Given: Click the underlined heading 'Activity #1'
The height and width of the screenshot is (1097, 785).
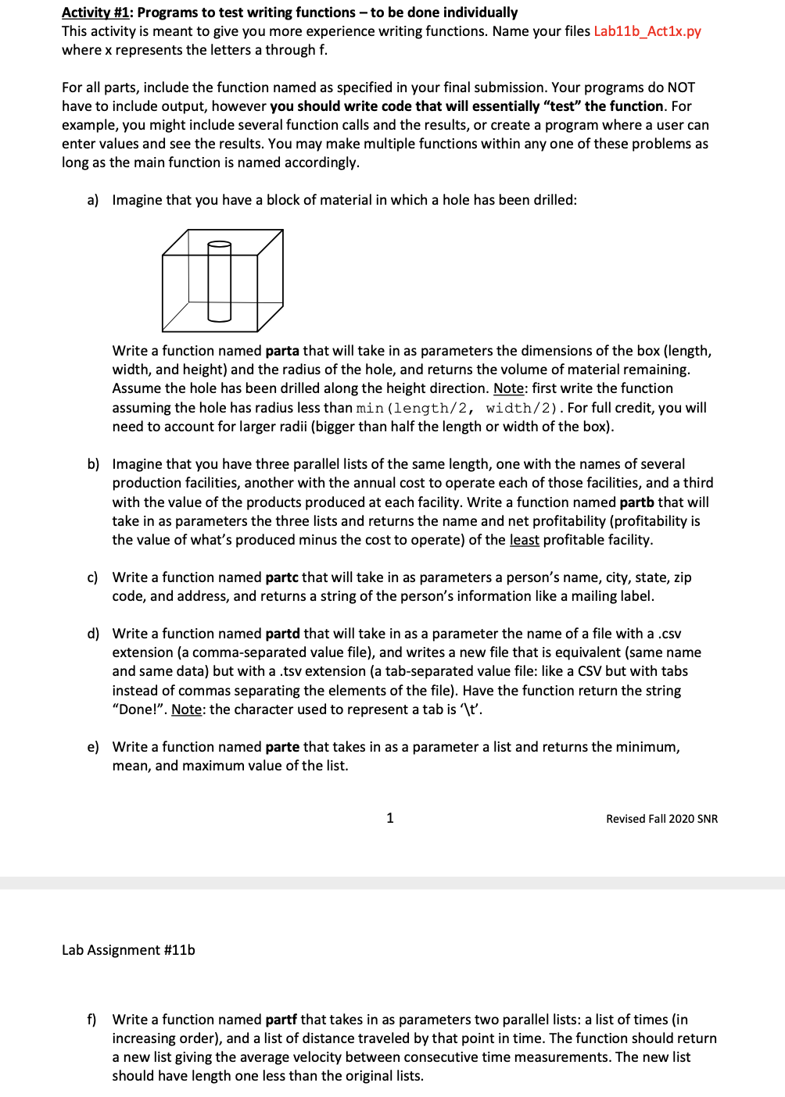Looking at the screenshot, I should click(x=95, y=13).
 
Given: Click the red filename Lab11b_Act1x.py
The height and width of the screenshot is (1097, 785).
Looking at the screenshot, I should click(x=647, y=31).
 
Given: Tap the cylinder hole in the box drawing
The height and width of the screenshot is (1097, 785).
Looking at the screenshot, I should click(x=220, y=281).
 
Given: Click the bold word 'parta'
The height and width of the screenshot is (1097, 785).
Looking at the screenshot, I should click(x=282, y=351).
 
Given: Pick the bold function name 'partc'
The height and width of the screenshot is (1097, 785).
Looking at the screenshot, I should click(x=281, y=577).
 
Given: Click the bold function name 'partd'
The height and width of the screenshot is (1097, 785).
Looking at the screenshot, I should click(x=282, y=634).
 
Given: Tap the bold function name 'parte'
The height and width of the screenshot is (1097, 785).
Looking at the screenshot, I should click(x=282, y=747).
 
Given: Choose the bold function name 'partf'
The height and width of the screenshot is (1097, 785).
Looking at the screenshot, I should click(x=281, y=1020).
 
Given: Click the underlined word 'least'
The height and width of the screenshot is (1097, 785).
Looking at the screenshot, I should click(x=524, y=540).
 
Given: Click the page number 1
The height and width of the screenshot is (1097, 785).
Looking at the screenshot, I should click(x=390, y=818).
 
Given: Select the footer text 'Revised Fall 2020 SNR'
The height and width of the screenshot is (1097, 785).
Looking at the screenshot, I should click(x=661, y=819).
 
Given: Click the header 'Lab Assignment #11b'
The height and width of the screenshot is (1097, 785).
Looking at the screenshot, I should click(x=128, y=950).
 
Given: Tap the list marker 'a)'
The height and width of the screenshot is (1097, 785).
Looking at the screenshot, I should click(x=93, y=200).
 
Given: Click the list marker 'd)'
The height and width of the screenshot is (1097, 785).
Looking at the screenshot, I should click(x=93, y=634).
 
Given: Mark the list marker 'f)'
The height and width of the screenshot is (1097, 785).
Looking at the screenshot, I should click(x=92, y=1020).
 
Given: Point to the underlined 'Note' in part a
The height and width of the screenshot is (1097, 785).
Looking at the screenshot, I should click(x=508, y=388).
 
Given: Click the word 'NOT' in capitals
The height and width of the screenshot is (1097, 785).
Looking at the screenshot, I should click(x=681, y=88).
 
